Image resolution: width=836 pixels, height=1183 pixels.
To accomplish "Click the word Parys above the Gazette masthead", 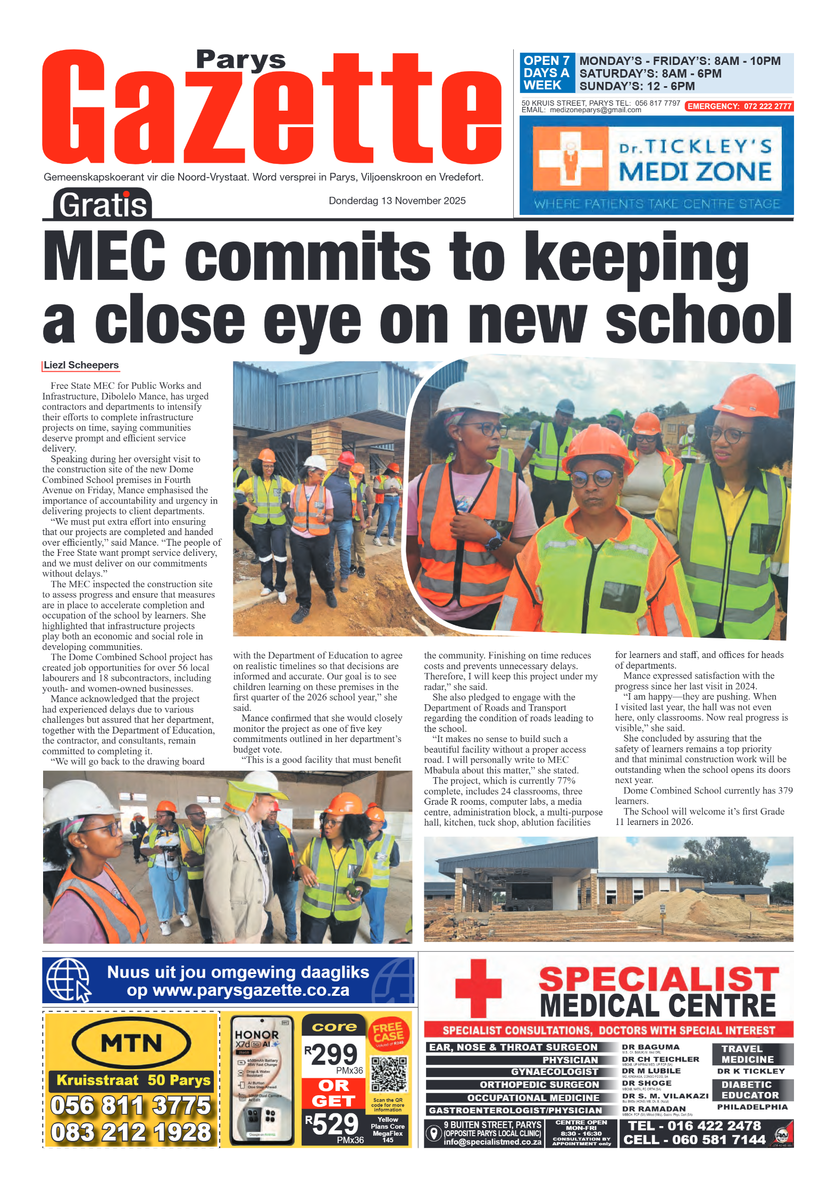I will (240, 60).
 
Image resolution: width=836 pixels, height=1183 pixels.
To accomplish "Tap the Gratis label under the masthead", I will (102, 205).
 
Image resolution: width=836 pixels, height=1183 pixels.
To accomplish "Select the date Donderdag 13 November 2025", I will (397, 201).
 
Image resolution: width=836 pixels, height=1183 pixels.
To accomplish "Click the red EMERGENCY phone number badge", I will (739, 106).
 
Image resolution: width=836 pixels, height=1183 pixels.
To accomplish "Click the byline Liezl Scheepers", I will (81, 365).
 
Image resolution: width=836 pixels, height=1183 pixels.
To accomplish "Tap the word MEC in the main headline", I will (104, 255).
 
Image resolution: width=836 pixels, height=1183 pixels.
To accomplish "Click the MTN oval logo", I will (131, 1043).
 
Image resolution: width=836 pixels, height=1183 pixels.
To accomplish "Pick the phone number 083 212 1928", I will (131, 1132).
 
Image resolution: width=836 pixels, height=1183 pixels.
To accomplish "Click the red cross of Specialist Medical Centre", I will (478, 988).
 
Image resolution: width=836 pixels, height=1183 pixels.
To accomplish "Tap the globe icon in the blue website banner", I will (68, 979).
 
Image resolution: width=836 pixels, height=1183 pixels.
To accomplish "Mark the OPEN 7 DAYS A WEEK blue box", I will (546, 73).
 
